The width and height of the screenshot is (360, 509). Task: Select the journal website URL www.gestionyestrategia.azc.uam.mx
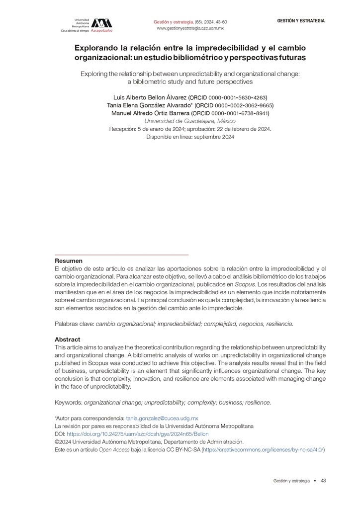(x=190, y=29)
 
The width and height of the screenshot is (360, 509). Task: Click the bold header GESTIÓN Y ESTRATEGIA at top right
(x=301, y=21)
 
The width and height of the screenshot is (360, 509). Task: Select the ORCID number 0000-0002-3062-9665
(x=240, y=105)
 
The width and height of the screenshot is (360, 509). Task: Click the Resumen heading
(x=69, y=261)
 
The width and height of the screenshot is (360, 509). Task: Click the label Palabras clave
(x=74, y=324)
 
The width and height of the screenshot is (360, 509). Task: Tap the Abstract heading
(x=68, y=339)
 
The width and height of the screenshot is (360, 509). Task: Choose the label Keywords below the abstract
(x=68, y=403)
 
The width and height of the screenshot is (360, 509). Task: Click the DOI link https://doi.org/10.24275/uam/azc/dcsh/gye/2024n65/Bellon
(x=138, y=434)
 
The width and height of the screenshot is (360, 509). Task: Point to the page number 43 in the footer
(x=323, y=481)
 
